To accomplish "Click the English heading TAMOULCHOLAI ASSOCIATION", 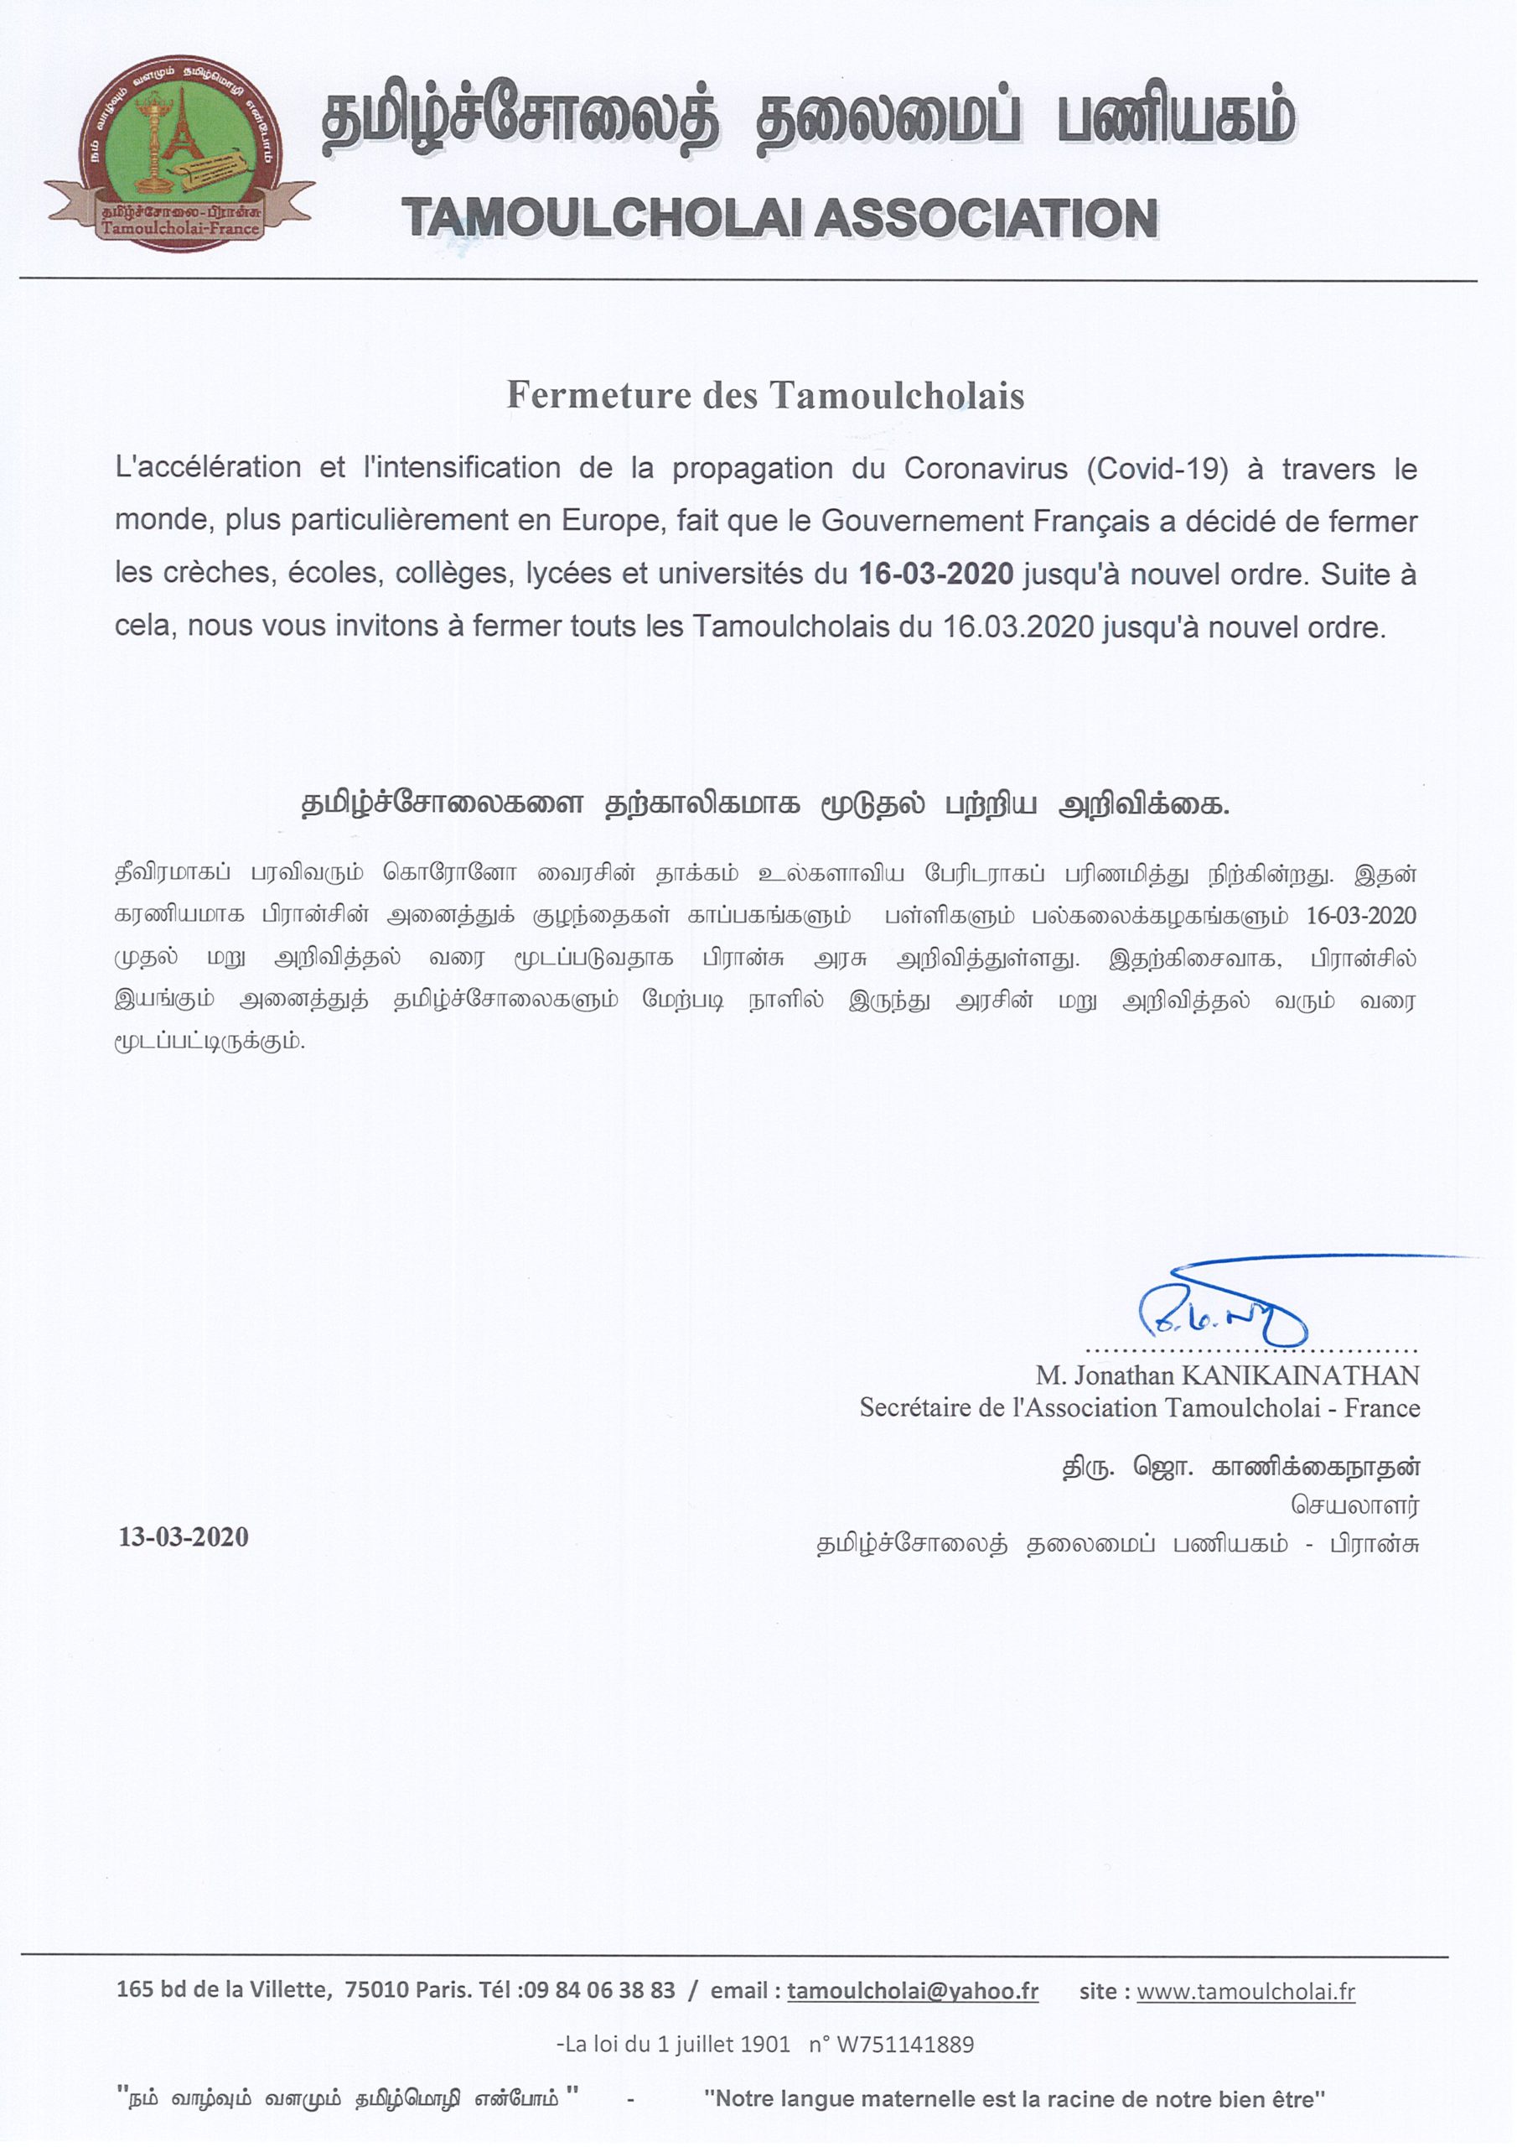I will (780, 219).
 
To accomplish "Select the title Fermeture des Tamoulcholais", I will (764, 396).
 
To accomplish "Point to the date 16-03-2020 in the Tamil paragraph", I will (1361, 916).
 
